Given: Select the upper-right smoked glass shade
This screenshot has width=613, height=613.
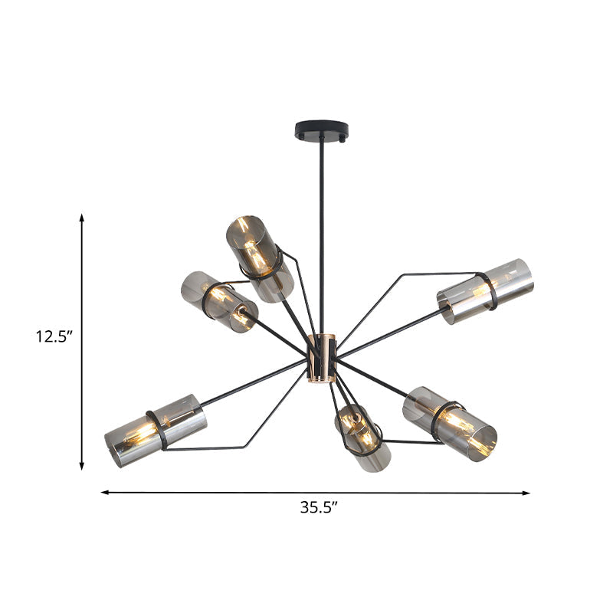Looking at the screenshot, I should point(485,292).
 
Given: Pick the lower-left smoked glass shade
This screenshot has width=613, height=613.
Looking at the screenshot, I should point(156,431).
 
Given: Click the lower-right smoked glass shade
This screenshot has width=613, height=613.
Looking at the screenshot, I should point(450,419).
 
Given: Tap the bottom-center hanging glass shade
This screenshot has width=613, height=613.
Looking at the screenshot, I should point(362,438).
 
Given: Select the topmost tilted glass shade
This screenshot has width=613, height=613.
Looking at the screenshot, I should point(259,257).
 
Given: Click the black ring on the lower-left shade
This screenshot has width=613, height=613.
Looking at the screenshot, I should point(159,430).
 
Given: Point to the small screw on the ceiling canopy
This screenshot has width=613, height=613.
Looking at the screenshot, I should point(343,139).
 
